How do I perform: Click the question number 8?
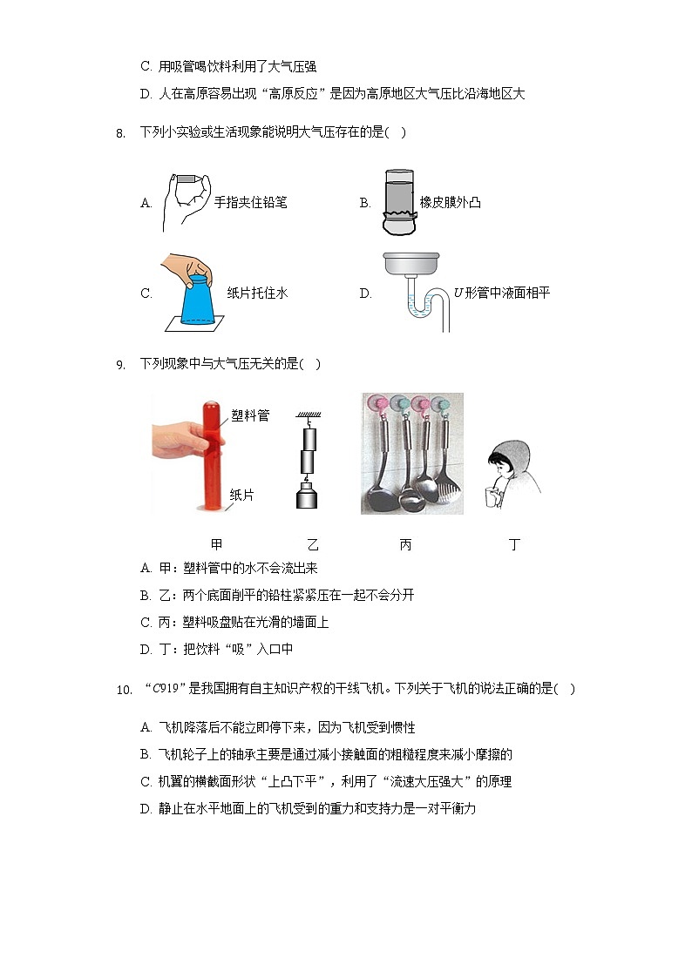pyautogui.click(x=120, y=133)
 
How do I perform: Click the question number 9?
pyautogui.click(x=120, y=365)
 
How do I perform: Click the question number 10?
pyautogui.click(x=123, y=690)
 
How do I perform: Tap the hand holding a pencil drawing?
pyautogui.click(x=186, y=199)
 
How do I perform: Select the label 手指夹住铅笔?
pyautogui.click(x=251, y=203)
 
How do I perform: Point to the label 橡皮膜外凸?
pyautogui.click(x=450, y=203)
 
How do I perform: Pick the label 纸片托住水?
pyautogui.click(x=257, y=293)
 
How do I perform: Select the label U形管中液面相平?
pyautogui.click(x=502, y=293)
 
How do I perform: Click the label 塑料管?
pyautogui.click(x=251, y=416)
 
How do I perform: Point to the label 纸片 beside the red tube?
pyautogui.click(x=241, y=495)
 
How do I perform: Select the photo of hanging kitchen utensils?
pyautogui.click(x=412, y=453)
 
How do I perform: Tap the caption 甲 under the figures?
pyautogui.click(x=217, y=544)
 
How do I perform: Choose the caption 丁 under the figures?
pyautogui.click(x=514, y=544)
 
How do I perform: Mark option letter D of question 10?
pyautogui.click(x=146, y=809)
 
